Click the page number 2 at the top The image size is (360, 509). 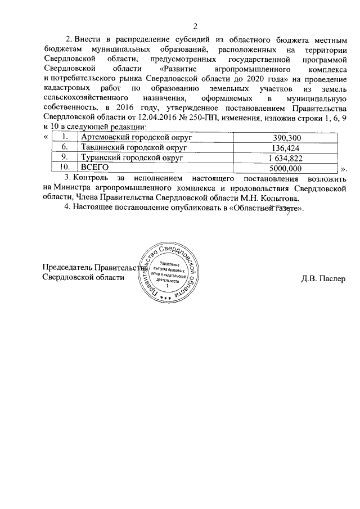click(195, 26)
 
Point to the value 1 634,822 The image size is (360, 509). click(286, 158)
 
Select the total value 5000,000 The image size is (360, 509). click(286, 168)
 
